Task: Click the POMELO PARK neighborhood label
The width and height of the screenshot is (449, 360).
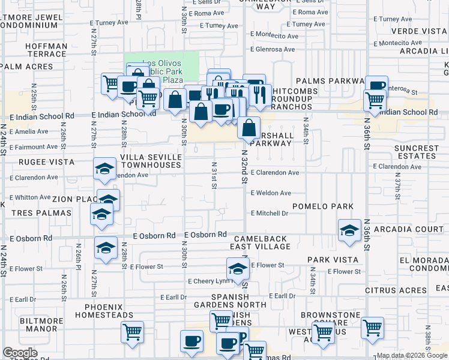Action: (322, 206)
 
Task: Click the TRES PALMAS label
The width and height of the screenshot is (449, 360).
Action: (36, 213)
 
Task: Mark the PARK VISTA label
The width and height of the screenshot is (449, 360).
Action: (333, 260)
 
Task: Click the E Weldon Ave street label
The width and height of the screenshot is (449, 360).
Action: (271, 193)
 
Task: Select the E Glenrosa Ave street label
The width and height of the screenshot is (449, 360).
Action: (273, 49)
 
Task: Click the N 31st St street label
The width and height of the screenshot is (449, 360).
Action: (214, 174)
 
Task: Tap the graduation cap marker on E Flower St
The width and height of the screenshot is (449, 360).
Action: (238, 268)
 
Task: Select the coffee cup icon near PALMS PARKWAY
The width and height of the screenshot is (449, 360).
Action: (376, 87)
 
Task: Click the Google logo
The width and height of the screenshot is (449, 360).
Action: (20, 353)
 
